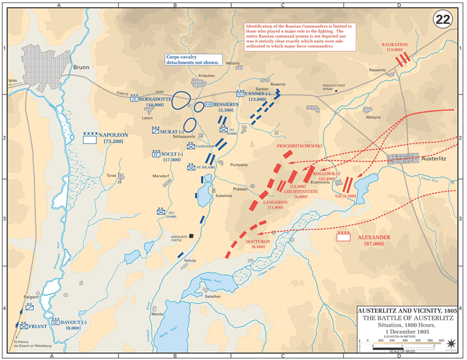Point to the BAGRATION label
coord(395,44)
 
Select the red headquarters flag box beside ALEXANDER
coord(343,237)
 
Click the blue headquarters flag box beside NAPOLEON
coord(90,139)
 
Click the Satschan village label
coord(212,296)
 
